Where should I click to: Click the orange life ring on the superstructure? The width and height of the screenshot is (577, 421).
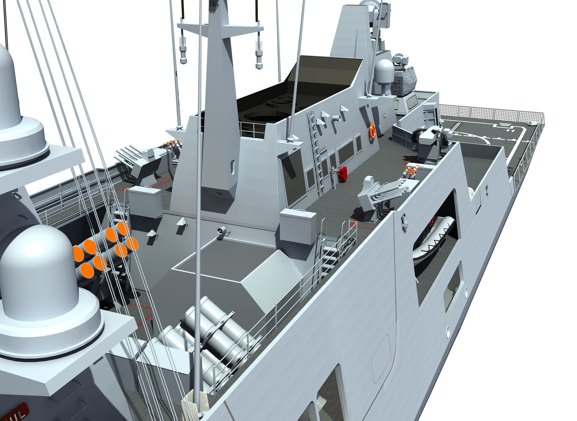coord(372,131)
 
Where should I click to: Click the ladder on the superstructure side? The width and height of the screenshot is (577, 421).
coord(316,150)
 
